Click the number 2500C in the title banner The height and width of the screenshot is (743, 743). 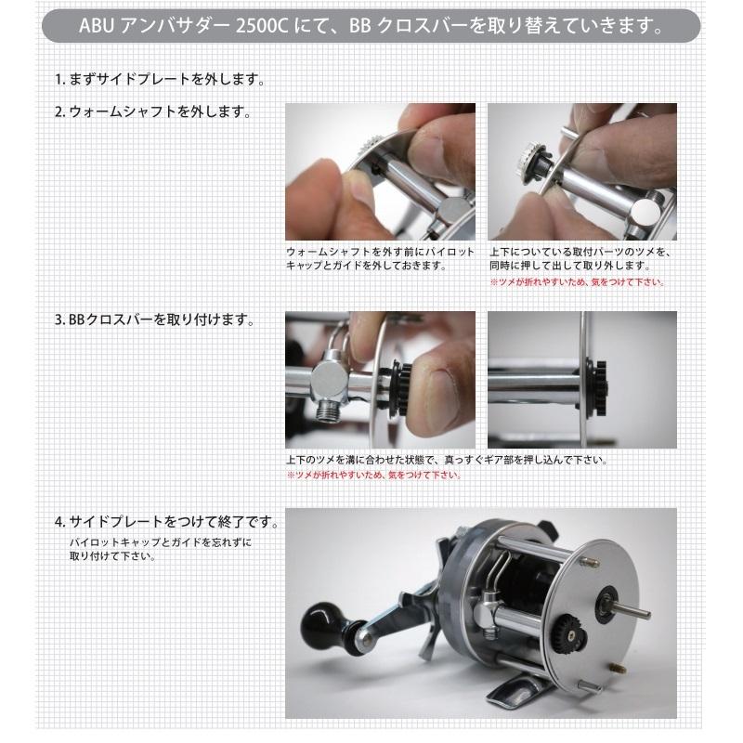coord(262,26)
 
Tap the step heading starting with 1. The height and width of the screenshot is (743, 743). coord(160,79)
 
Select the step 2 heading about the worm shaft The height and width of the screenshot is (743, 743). coord(152,111)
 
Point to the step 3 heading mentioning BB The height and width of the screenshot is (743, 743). coord(154,319)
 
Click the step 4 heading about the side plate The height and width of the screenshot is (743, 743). coord(167,522)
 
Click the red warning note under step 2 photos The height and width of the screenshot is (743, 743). coord(577,282)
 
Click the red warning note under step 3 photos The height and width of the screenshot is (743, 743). coord(374,475)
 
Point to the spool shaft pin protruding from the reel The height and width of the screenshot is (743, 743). coord(632,610)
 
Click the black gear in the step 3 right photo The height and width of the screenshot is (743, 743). coord(597,388)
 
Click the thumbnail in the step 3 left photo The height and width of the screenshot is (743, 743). coord(435,394)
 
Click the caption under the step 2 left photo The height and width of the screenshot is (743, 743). coord(380,259)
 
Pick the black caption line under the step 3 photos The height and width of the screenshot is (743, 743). coord(447,460)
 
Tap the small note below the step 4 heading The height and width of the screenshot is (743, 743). coord(160,549)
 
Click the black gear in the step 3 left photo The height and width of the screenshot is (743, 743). coord(399,388)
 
